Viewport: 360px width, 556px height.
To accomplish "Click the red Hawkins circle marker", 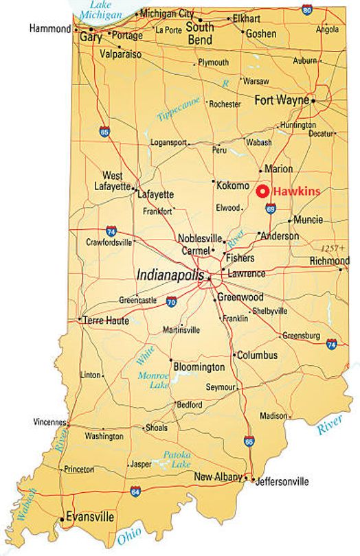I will pos(262,192).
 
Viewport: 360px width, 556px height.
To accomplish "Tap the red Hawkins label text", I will pos(296,192).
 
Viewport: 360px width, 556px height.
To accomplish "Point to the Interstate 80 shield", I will pos(307,9).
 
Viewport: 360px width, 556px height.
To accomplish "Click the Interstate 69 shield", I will pos(271,209).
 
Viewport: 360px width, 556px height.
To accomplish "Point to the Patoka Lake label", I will pos(177,459).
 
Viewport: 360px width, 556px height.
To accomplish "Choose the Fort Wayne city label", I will pos(282,100).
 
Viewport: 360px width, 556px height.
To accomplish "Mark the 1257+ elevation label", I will pos(334,247).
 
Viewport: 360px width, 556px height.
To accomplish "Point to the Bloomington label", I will pos(199,367).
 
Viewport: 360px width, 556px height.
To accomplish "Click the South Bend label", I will pos(200,34).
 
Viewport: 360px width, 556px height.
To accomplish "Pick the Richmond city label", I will pos(330,261).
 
